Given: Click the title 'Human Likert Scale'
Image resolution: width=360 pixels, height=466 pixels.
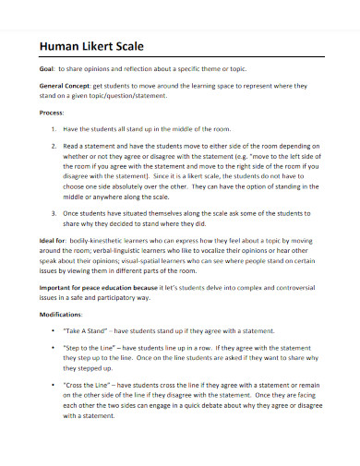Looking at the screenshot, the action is [90, 46].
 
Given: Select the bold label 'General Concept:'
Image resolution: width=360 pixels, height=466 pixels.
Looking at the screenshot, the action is [68, 84].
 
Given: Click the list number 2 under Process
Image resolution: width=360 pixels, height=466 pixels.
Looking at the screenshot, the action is [54, 146].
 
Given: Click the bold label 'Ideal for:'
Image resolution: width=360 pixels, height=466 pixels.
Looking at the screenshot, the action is [52, 239].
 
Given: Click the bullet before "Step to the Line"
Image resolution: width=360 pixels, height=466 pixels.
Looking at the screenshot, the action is [55, 351].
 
